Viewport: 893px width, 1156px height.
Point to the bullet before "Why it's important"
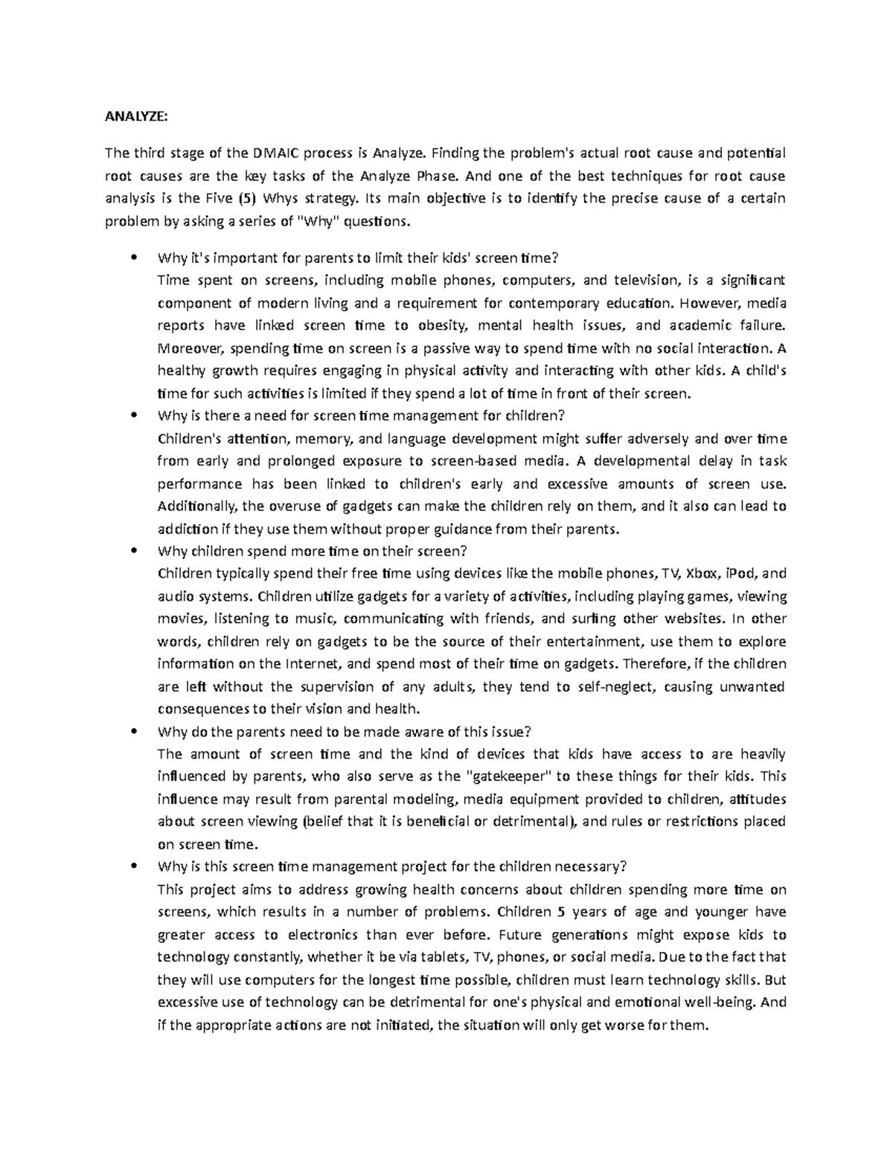[134, 258]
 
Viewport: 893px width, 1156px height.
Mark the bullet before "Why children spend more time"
[134, 552]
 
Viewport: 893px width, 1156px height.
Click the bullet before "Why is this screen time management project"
[134, 867]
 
